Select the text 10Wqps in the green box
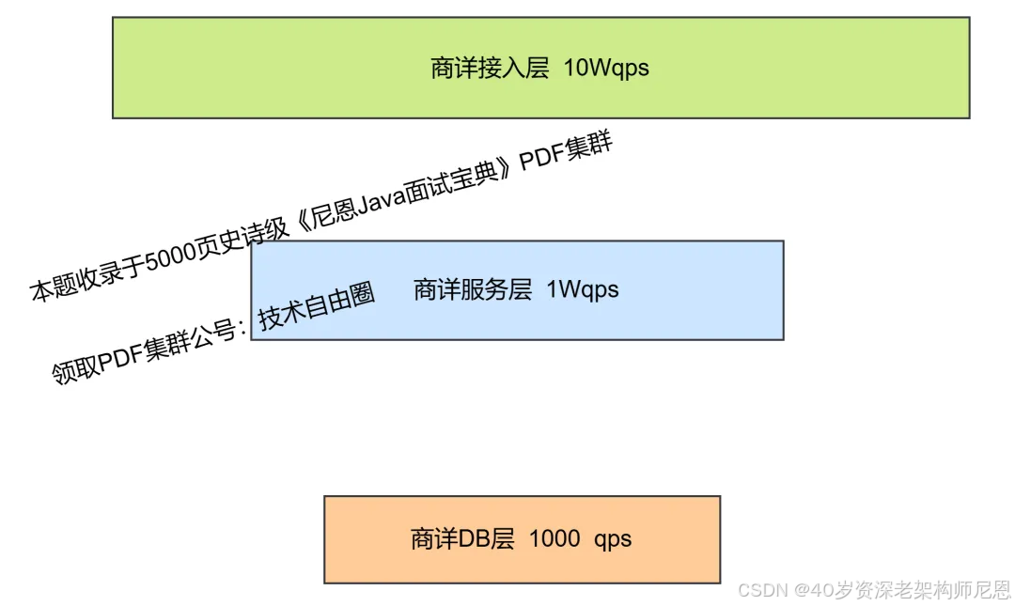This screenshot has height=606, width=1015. (x=606, y=69)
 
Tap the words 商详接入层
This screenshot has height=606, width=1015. (x=490, y=69)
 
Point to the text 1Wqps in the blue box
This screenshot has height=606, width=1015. (x=583, y=289)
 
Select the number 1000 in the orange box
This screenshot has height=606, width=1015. (x=554, y=539)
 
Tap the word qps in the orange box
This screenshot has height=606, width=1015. (x=613, y=539)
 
